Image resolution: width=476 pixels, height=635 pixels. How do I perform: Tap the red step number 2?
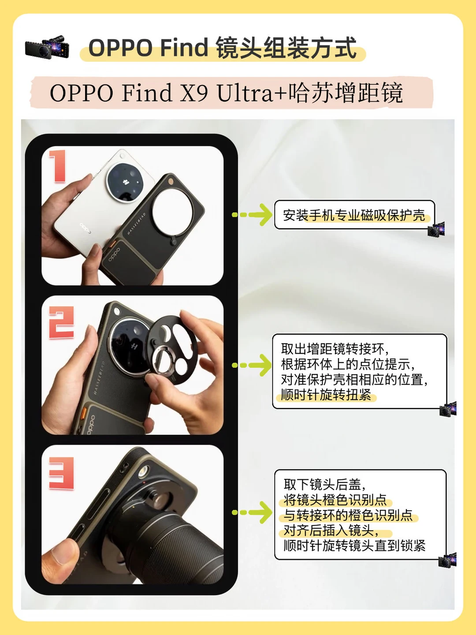tap(61, 322)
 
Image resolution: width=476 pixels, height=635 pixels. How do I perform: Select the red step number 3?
tap(61, 473)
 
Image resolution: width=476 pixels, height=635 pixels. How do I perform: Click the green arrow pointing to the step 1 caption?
tap(252, 215)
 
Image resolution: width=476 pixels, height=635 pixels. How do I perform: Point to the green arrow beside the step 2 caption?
tap(252, 365)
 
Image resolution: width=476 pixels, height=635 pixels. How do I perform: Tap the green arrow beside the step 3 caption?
tap(252, 512)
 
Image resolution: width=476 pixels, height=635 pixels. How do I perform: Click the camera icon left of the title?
tap(48, 48)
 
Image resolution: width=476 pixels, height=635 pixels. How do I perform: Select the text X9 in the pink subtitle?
tap(194, 93)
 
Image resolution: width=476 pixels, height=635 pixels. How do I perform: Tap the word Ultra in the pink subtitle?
tap(245, 93)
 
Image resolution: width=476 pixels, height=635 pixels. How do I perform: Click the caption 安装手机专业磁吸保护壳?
tap(354, 215)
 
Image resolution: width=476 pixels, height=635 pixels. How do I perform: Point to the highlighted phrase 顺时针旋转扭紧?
tap(326, 395)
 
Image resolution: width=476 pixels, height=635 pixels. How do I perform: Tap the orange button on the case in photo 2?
tap(85, 413)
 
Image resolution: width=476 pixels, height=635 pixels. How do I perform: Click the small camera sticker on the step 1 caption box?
tap(436, 229)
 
